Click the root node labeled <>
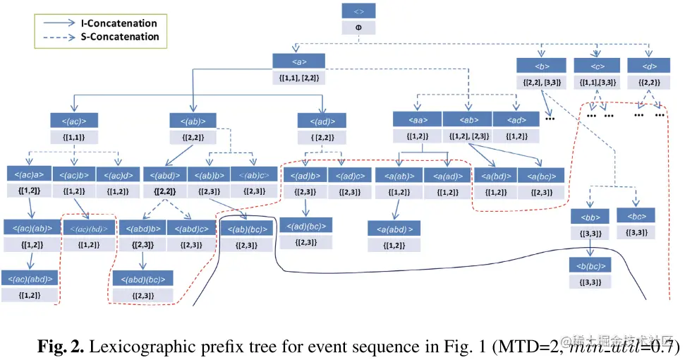358,11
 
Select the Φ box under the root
358,28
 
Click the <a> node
298,61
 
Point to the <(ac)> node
73,120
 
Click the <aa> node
417,119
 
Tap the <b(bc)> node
590,265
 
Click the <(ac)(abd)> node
30,278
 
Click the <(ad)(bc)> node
306,226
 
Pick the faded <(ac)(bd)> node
88,227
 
